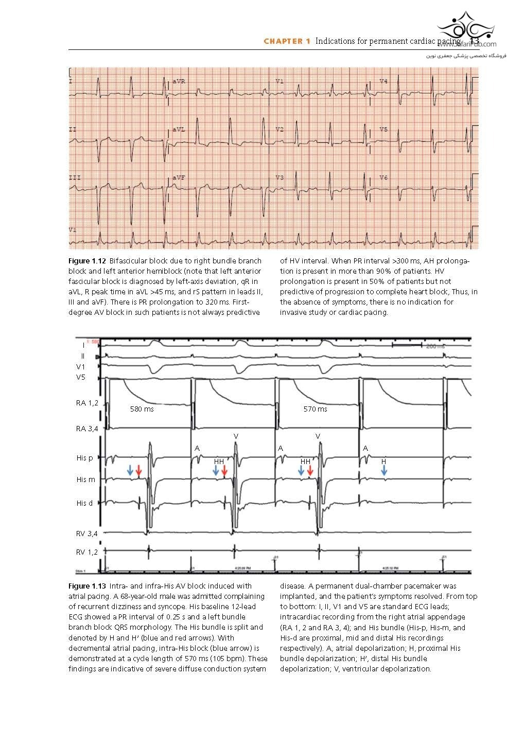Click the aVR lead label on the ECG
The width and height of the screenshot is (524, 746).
click(x=179, y=82)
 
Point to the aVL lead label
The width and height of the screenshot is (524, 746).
click(x=179, y=130)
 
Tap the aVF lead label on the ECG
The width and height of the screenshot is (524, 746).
click(x=179, y=177)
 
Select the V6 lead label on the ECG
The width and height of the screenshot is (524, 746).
click(x=383, y=177)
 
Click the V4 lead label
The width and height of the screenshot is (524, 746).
click(x=383, y=82)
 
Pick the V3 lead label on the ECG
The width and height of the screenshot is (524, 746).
click(x=280, y=177)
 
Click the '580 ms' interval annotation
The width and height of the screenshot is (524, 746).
click(x=142, y=409)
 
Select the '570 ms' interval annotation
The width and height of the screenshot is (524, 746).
click(x=315, y=409)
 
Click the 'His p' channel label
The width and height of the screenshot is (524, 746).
click(x=85, y=458)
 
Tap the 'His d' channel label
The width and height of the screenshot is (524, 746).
click(x=85, y=503)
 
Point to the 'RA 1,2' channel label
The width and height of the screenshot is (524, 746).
click(x=86, y=403)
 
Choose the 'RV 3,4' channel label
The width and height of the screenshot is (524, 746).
click(x=86, y=534)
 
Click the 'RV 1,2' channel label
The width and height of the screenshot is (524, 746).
click(x=86, y=552)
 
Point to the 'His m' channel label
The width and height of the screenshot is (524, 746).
click(x=85, y=479)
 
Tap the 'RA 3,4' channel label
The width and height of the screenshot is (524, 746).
click(x=86, y=428)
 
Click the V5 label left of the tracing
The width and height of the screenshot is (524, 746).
click(x=81, y=377)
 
